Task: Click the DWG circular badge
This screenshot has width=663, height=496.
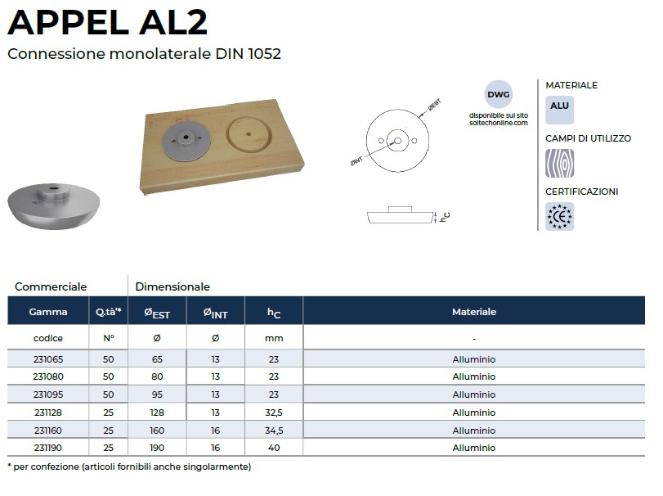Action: click(x=498, y=94)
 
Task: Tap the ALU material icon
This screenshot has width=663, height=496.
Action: click(x=559, y=110)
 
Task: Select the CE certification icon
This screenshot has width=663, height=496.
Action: click(x=559, y=216)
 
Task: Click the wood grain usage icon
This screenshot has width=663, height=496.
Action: click(x=559, y=163)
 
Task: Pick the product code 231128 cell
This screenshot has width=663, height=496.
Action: click(x=48, y=413)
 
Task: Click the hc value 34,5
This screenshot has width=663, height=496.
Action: click(x=274, y=431)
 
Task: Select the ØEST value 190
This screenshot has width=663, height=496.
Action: click(x=157, y=448)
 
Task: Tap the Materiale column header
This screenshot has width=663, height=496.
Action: click(x=474, y=312)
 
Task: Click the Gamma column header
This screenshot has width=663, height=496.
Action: click(x=48, y=312)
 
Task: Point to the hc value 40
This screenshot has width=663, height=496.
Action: click(x=274, y=448)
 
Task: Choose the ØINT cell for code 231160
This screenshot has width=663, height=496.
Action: click(x=216, y=431)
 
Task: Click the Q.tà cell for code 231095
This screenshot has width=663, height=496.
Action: click(x=108, y=395)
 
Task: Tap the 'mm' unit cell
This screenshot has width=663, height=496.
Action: click(x=274, y=338)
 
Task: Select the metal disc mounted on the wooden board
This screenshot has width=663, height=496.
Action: click(x=187, y=142)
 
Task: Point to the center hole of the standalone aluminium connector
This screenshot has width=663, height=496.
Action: click(x=53, y=188)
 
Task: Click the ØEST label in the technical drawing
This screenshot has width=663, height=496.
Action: click(x=434, y=105)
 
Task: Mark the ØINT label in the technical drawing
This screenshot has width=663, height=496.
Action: click(x=356, y=161)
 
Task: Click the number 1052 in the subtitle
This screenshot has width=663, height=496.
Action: click(x=265, y=54)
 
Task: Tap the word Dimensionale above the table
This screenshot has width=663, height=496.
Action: click(x=172, y=286)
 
